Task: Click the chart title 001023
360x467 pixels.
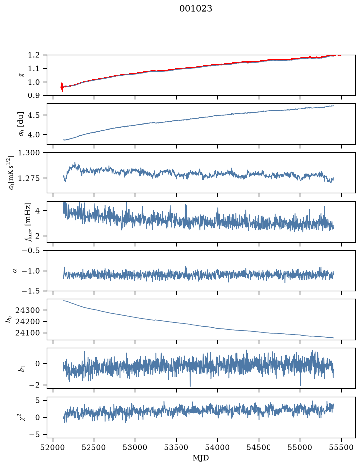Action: coord(195,9)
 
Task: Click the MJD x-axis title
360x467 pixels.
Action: coord(201,458)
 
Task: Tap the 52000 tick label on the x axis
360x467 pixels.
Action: coord(53,447)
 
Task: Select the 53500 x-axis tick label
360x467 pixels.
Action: coord(177,447)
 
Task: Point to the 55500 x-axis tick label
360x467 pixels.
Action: coord(341,447)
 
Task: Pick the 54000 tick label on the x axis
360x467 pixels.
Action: coord(217,447)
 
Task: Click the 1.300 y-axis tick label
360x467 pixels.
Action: coord(29,153)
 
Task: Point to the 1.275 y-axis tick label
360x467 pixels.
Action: coord(29,178)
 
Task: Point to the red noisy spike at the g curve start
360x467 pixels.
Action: coord(62,87)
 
